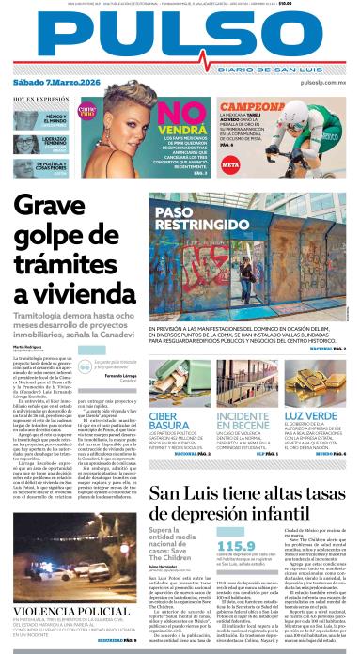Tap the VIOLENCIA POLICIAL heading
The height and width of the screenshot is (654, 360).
pos(64,611)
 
